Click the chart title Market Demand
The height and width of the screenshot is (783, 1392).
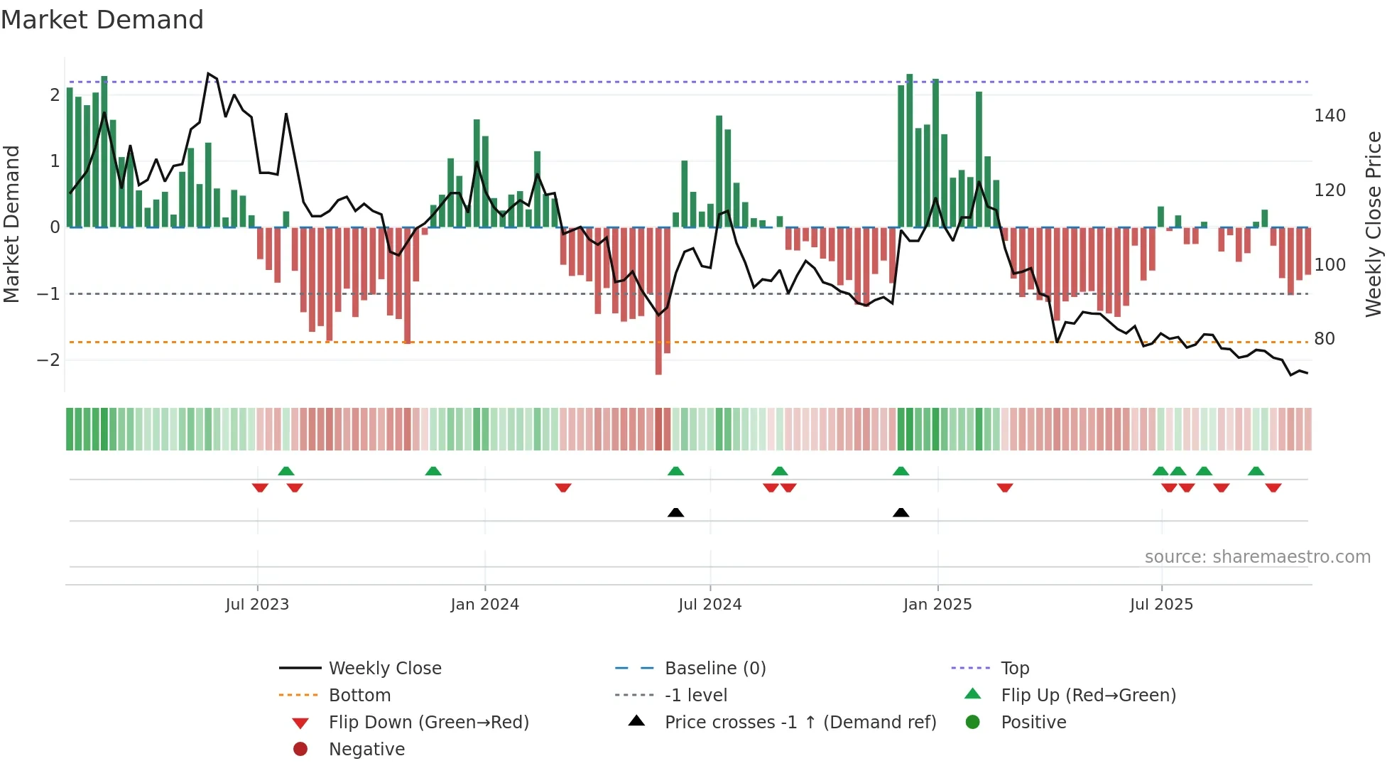coord(102,20)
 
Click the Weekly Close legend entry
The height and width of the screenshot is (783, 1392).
coord(384,669)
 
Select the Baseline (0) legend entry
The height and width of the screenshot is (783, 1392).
coord(714,669)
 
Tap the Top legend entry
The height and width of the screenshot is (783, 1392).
coord(1014,669)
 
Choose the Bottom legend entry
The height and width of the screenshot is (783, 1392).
coord(359,696)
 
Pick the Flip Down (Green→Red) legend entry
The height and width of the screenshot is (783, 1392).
coord(428,723)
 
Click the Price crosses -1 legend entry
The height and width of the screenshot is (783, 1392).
coord(800,723)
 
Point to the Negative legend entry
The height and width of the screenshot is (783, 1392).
coord(366,750)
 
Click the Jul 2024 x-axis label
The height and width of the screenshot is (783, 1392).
coord(709,605)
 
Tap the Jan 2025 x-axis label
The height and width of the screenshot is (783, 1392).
coord(937,605)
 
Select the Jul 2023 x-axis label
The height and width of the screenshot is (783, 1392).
coord(257,605)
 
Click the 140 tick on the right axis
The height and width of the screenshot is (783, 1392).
coord(1330,116)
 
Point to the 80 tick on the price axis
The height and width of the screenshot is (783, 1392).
coord(1324,339)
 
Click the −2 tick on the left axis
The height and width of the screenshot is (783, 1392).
coord(48,360)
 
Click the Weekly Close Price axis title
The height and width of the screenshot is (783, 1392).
coord(1374,224)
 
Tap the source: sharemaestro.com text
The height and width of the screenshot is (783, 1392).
coord(1257,557)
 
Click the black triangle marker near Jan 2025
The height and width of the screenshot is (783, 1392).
coord(901,512)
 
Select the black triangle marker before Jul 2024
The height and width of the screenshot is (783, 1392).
coord(675,512)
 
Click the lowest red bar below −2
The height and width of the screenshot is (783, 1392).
coord(658,369)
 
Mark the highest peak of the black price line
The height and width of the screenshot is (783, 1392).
coord(208,74)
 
